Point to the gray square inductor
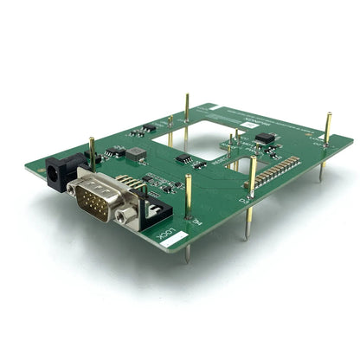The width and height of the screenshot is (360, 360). (x=137, y=153)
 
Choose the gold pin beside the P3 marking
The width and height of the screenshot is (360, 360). (x=252, y=186)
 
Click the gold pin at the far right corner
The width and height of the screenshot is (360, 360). (x=327, y=130)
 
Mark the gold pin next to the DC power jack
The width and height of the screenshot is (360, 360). (x=92, y=152)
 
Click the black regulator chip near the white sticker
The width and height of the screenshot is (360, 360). (x=265, y=138)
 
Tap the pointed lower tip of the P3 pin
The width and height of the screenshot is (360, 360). (x=247, y=239)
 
